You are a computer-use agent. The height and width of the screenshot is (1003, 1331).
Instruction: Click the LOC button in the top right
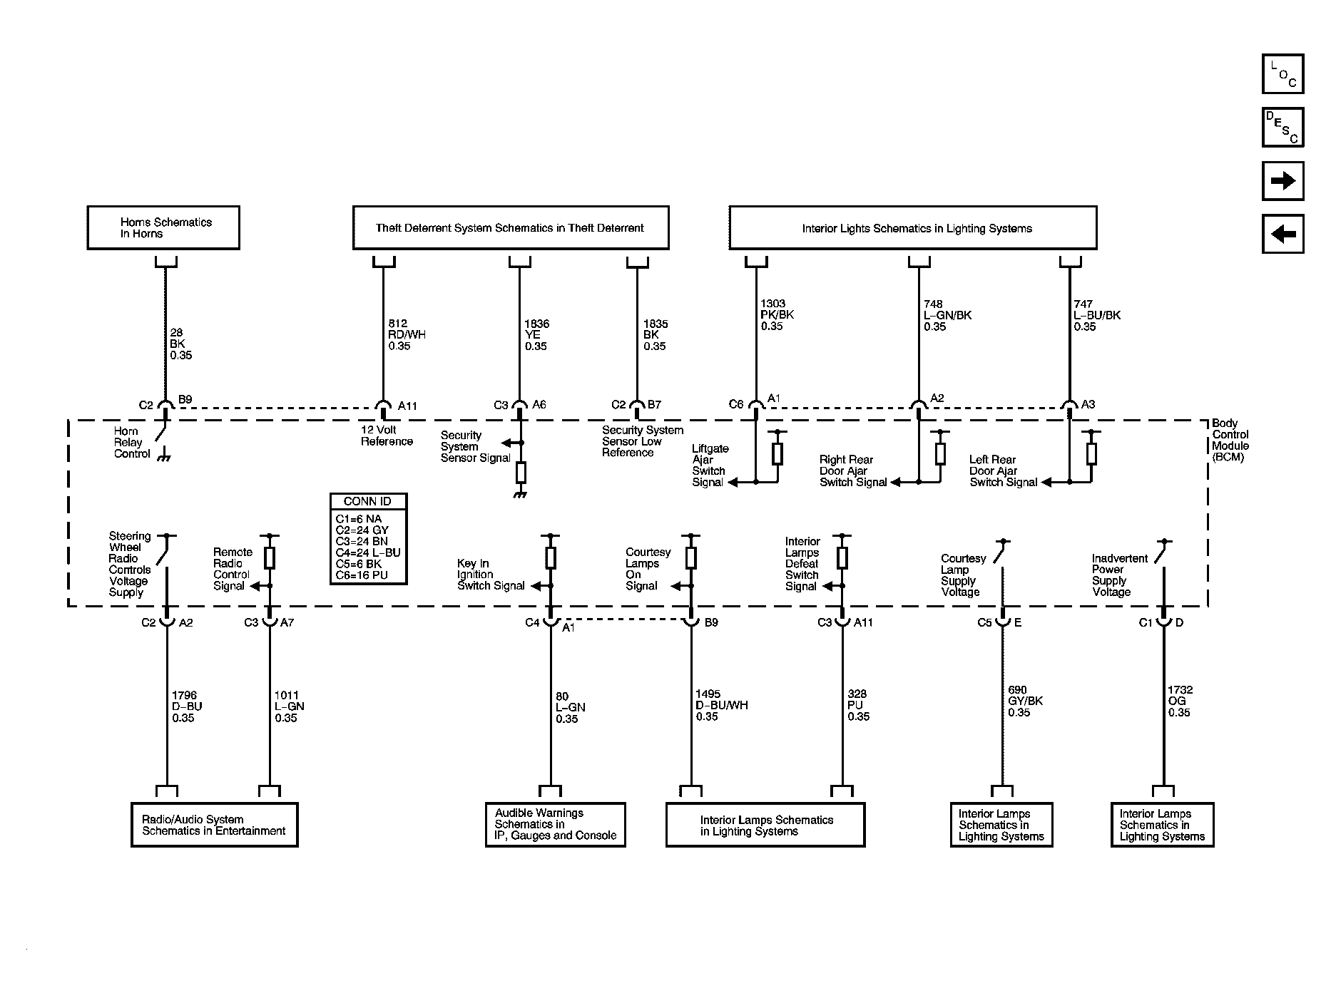coord(1282,74)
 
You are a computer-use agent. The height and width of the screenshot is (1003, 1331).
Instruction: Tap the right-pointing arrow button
coord(1282,181)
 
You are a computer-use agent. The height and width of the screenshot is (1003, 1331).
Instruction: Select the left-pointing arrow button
coord(1282,234)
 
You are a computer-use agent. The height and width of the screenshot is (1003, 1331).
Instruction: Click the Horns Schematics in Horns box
coord(163,228)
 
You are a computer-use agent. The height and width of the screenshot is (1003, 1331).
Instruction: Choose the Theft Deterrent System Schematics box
coord(511,228)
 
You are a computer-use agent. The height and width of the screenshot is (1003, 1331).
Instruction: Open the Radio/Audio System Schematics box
coord(214,825)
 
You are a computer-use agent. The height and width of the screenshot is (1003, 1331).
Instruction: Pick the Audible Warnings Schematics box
coord(555,825)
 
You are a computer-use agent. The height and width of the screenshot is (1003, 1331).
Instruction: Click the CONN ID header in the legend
coord(368,501)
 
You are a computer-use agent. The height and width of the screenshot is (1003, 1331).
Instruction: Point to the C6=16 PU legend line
coord(362,575)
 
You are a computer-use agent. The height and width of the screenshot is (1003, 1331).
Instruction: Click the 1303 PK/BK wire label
coord(776,315)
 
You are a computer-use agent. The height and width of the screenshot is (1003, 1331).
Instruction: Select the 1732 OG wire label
coord(1180,701)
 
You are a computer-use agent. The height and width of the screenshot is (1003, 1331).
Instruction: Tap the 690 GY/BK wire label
coord(1024,701)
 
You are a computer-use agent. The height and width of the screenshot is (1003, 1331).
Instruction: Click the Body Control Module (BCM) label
coord(1230,440)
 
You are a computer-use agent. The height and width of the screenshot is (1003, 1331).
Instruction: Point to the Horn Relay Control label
coord(132,443)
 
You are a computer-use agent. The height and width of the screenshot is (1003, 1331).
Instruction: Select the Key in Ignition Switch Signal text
coord(491,575)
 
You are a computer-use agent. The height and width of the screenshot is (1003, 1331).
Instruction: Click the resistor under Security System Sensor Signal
coord(521,471)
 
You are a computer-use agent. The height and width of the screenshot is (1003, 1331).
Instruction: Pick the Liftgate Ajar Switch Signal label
coord(710,466)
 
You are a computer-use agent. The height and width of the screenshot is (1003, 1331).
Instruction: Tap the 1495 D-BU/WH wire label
coord(721,705)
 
